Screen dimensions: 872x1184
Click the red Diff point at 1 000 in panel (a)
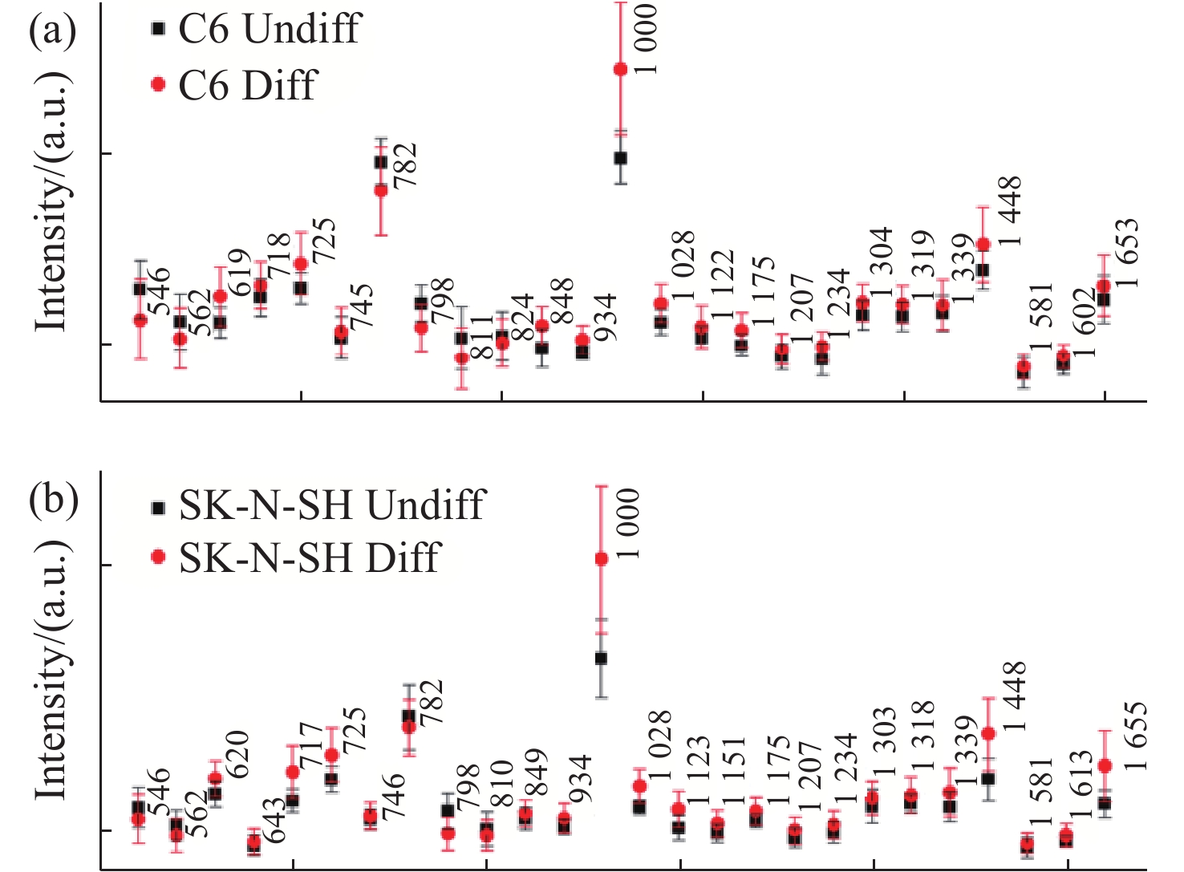[x=620, y=70]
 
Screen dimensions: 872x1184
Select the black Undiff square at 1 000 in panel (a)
[x=620, y=158]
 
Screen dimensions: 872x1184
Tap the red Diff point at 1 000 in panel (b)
[x=601, y=559]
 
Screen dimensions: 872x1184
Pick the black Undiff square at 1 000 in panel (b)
[x=601, y=659]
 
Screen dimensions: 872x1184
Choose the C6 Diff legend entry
[x=237, y=84]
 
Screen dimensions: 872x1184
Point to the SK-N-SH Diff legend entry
[x=297, y=558]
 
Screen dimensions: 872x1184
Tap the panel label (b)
[x=52, y=499]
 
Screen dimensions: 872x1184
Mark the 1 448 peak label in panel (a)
[x=1010, y=211]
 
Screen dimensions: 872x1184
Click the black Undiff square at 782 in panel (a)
[x=381, y=162]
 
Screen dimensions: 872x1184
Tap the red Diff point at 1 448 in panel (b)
[x=988, y=733]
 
